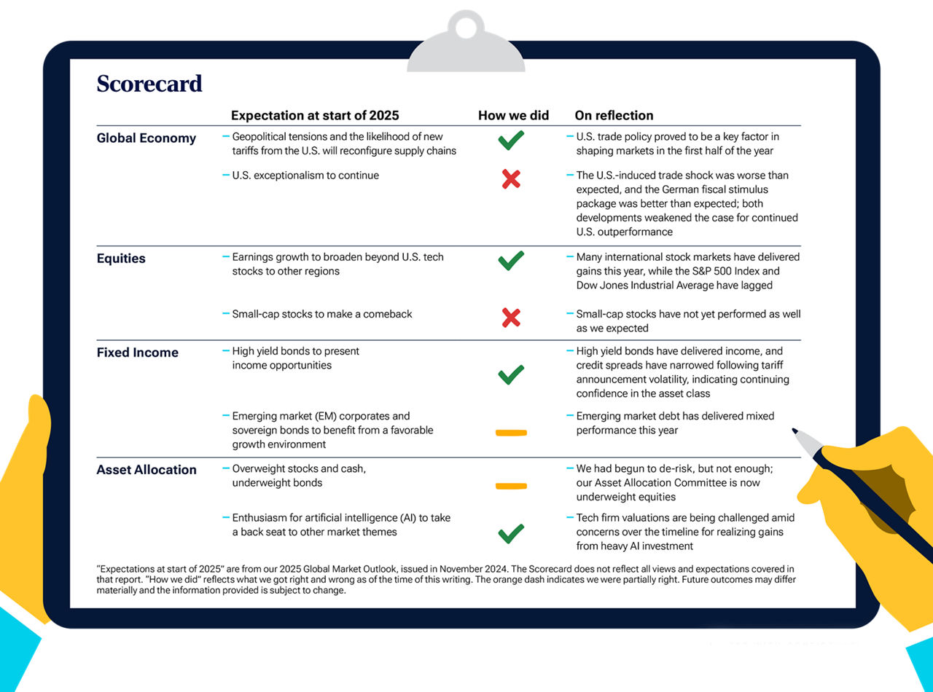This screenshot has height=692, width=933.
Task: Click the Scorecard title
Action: [x=149, y=84]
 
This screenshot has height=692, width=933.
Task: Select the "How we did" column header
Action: [x=513, y=115]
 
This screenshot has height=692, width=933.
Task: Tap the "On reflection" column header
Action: [x=614, y=115]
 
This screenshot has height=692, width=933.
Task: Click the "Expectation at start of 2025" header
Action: [x=315, y=115]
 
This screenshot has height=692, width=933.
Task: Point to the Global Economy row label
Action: [x=146, y=138]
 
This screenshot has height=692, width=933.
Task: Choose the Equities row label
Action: [x=121, y=259]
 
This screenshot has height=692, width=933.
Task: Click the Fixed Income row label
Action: [x=137, y=353]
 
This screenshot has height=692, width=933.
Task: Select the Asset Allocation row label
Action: [x=146, y=470]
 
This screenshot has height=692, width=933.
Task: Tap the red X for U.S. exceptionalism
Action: [x=511, y=179]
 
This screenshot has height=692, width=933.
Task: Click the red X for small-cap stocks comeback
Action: [x=511, y=317]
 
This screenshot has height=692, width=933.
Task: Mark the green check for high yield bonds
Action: [x=511, y=374]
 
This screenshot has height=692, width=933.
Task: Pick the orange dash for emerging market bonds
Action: [x=511, y=433]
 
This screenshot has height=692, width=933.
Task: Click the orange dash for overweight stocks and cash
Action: [x=511, y=486]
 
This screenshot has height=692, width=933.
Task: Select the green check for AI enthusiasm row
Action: [x=511, y=534]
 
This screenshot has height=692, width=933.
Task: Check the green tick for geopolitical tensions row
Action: [x=511, y=140]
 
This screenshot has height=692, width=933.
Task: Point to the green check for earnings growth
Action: [x=511, y=260]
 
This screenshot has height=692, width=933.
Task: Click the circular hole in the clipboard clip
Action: [x=466, y=27]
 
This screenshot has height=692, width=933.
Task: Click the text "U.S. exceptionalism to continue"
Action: [x=305, y=176]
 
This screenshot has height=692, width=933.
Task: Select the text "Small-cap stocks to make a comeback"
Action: [x=321, y=314]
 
